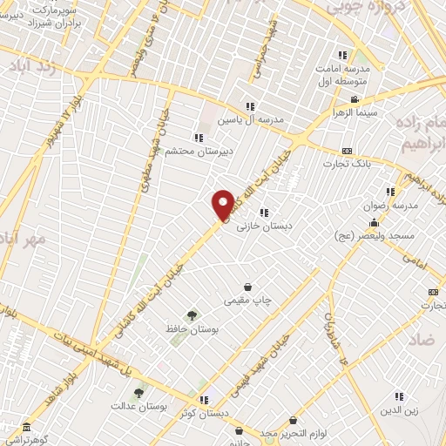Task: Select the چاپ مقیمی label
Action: click(x=248, y=301)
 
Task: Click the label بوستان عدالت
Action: click(x=133, y=407)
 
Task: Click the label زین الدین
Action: click(x=399, y=411)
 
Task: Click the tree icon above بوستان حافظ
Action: click(x=191, y=314)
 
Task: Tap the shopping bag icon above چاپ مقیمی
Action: click(x=248, y=286)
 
